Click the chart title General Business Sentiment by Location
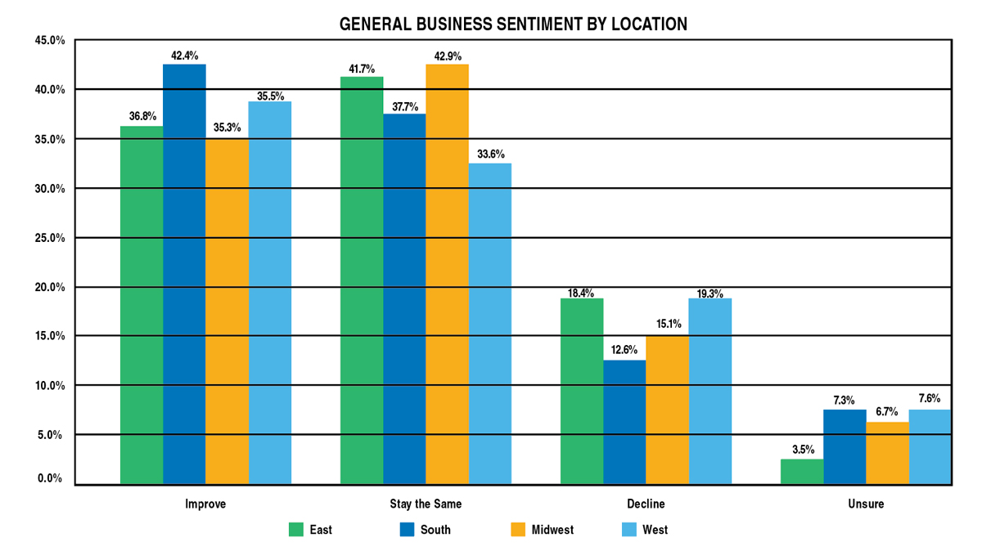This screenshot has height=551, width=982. coord(513,25)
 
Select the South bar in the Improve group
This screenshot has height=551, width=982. coord(184,274)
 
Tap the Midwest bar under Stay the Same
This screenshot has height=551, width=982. coord(448,274)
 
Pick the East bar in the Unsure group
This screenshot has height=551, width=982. coord(802,472)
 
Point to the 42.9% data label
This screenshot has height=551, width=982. coord(448,56)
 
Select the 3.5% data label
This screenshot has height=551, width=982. coord(802,450)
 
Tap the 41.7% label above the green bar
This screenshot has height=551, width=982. coord(363,69)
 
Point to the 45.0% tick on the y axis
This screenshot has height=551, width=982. coord(48,40)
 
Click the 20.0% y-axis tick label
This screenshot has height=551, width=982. coord(48,287)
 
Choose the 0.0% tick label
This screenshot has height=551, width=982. coord(51,478)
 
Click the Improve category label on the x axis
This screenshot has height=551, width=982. coord(205,504)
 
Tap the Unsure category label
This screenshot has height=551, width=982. coord(866,504)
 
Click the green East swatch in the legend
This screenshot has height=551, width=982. coord(296,530)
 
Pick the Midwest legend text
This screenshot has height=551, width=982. coord(552,530)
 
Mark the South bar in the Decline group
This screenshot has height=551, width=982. coord(624,422)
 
